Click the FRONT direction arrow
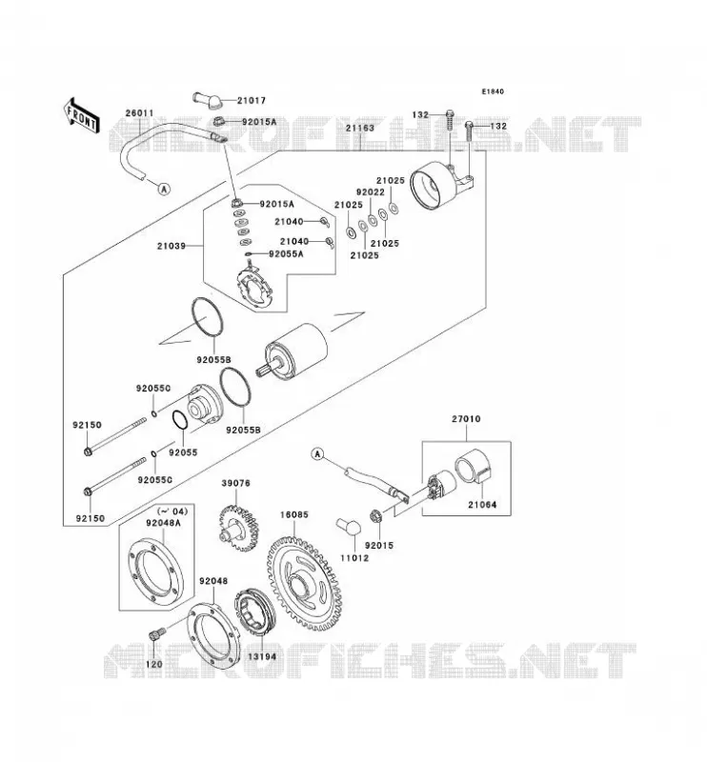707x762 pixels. coord(81,114)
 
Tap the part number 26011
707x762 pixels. coord(139,113)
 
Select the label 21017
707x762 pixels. coord(252,101)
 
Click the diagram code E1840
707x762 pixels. coord(493,91)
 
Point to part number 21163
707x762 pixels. coord(360,129)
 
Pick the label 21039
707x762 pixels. coord(172,246)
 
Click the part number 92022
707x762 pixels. coord(371,192)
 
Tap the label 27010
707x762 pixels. coord(466,418)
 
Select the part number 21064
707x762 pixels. coord(482,505)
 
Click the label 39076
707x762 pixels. coord(236,483)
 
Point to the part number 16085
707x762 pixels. coord(294,514)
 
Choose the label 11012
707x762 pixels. coord(354,558)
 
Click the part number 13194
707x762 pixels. coord(262,656)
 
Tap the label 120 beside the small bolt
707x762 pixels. coord(154,664)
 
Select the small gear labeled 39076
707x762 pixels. coord(238,529)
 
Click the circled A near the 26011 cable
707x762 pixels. coord(164,189)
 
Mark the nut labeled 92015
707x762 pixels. coord(375,514)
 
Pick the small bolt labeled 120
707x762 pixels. coord(155,634)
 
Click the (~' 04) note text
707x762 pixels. coord(172,511)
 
